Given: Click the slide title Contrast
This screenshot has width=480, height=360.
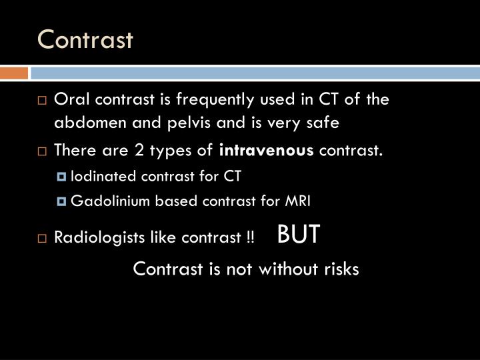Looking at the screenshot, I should [x=85, y=40].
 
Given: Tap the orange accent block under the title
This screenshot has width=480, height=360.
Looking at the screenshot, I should [x=14, y=73].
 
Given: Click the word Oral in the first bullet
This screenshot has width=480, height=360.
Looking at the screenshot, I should [x=69, y=101].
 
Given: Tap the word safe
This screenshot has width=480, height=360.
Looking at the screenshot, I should [x=323, y=123].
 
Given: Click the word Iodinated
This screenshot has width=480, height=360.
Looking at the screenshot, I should [x=99, y=176].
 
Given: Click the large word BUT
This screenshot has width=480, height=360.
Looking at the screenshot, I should [x=298, y=234].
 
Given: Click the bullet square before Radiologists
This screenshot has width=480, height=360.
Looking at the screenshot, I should [x=43, y=239].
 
